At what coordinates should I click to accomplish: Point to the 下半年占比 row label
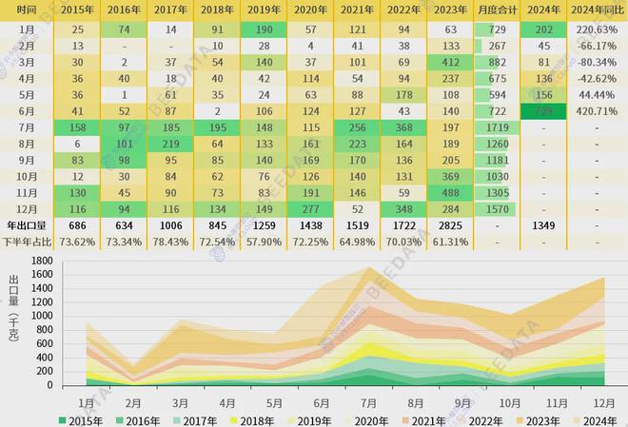(x=28, y=243)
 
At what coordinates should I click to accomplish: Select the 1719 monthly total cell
(x=497, y=126)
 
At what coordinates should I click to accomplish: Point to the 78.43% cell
(x=171, y=243)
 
